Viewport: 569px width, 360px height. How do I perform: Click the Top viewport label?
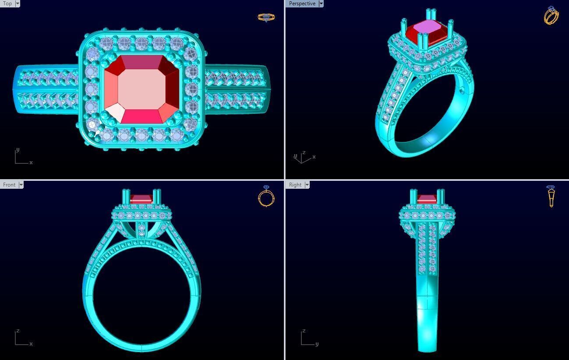point(7,4)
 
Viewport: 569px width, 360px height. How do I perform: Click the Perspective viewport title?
point(302,4)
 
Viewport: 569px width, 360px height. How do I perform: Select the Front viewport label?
point(9,185)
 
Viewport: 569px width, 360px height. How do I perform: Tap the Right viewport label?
point(295,185)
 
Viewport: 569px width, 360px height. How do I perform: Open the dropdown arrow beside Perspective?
point(321,4)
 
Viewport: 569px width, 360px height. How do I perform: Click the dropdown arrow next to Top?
point(18,4)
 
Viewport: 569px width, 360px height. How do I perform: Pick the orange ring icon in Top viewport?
point(266,18)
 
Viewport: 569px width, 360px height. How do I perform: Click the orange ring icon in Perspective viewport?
point(551,16)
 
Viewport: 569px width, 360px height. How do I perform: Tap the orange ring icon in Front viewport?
point(266,196)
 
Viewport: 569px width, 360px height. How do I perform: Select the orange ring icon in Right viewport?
point(551,196)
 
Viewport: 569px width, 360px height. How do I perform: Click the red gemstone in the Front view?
point(141,199)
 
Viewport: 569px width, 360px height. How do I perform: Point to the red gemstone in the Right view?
point(427,199)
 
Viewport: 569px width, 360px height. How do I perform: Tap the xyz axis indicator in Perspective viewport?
point(303,157)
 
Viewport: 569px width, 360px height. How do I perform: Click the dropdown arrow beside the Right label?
point(307,185)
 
